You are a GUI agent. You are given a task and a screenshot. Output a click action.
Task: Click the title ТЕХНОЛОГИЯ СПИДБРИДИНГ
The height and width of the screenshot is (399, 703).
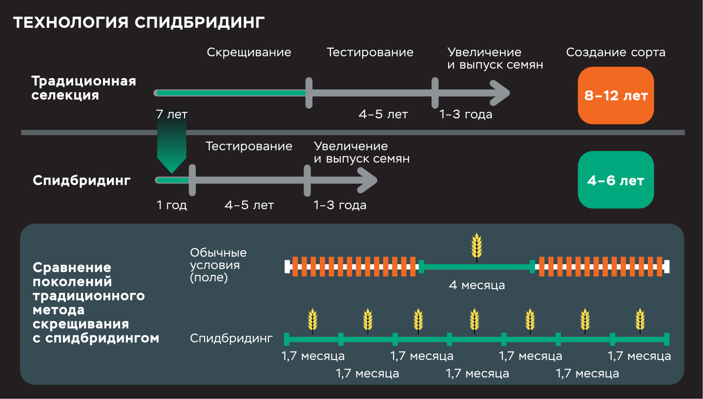coord(139,23)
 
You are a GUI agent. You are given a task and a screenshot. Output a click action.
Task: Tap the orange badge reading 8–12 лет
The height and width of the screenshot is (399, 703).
coord(616,96)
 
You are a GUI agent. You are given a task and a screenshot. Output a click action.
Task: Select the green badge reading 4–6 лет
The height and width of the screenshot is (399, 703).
coord(616,180)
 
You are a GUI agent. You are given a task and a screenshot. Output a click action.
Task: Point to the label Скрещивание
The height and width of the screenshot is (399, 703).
coord(249,52)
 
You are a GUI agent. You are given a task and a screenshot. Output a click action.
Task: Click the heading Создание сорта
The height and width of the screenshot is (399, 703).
coord(616,52)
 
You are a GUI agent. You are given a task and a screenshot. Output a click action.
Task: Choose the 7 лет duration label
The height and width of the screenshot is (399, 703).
coord(171,114)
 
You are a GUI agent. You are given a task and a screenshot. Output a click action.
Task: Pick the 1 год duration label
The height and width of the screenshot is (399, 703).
coord(171,205)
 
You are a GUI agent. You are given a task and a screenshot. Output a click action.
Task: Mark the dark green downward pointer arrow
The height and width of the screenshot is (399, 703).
coord(171,147)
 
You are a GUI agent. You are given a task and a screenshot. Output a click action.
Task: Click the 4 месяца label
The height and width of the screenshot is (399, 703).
coord(476,285)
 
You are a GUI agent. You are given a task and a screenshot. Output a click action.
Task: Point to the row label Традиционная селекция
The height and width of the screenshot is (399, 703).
coord(83,88)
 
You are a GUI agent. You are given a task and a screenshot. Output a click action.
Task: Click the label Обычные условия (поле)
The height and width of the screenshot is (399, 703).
coord(218,265)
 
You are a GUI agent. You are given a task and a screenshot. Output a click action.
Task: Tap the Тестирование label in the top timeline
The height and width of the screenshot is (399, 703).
coord(370,52)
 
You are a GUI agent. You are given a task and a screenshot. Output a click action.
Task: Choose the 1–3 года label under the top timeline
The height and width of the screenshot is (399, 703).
coord(466,114)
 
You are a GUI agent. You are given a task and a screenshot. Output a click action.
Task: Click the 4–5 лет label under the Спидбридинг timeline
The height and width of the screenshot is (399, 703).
coord(249,205)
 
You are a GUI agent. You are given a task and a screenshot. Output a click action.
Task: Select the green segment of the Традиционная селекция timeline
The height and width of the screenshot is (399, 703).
coord(230,93)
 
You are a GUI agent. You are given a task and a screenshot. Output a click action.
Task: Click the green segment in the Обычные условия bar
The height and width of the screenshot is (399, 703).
coord(476,267)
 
